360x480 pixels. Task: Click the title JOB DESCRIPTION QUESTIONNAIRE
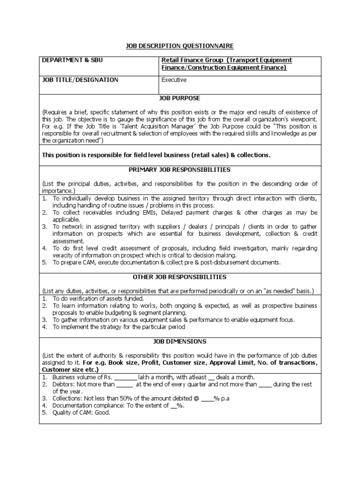[180, 45]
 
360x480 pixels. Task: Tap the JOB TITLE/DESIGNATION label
[80, 80]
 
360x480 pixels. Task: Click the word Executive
[174, 80]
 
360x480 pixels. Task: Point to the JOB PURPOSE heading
[180, 98]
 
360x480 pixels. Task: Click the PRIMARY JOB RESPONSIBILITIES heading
[180, 169]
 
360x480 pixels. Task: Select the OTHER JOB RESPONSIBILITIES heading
[180, 277]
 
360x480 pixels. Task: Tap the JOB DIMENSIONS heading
[180, 342]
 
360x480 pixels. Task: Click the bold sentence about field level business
[157, 155]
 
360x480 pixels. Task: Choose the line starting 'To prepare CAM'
[166, 262]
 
